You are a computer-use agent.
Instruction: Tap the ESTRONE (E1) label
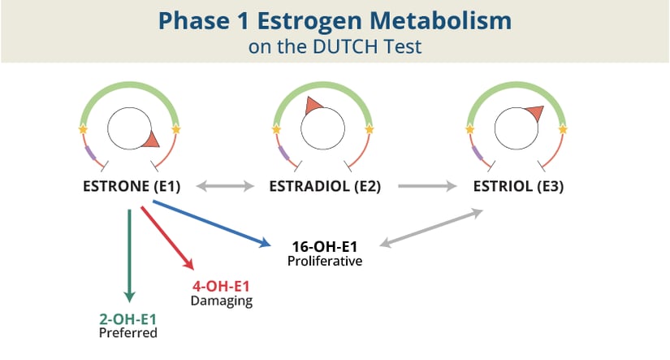[131, 186]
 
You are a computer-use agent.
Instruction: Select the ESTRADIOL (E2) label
[324, 186]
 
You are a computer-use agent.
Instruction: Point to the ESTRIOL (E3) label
[518, 186]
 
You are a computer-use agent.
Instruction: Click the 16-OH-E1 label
[324, 246]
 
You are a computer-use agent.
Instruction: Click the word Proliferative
[324, 261]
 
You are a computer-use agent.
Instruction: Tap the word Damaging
[221, 301]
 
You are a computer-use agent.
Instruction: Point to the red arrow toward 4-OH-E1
[167, 237]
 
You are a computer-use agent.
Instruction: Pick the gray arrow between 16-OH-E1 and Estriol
[431, 227]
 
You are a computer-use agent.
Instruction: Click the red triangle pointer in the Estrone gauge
[150, 141]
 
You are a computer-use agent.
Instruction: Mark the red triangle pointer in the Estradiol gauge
[312, 106]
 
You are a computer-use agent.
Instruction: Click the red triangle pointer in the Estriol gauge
[534, 112]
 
